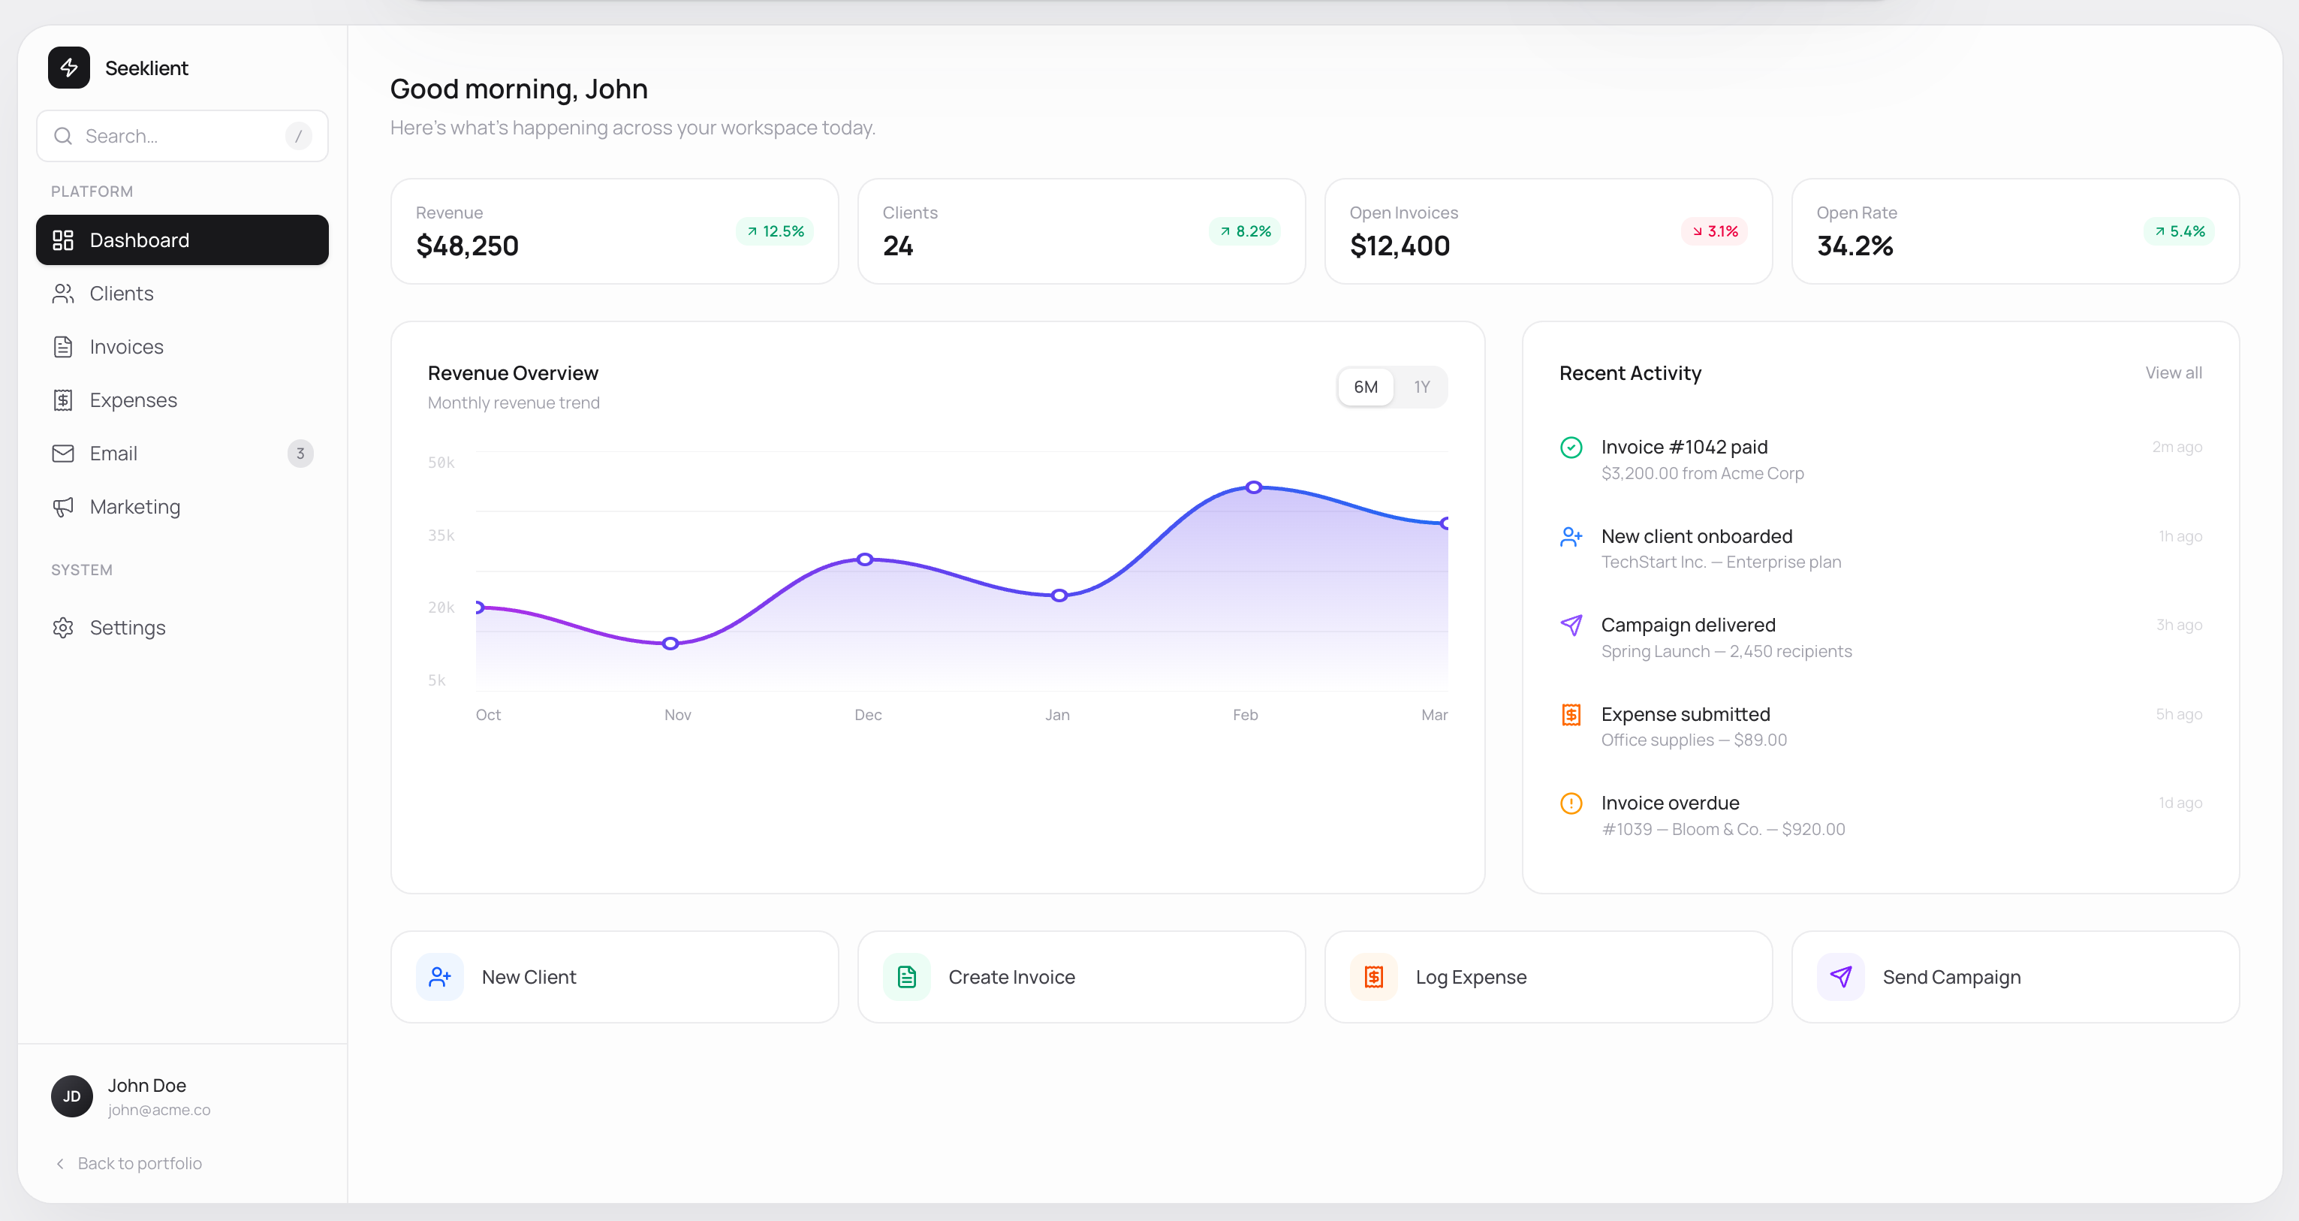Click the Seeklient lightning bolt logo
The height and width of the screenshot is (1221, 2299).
pyautogui.click(x=69, y=68)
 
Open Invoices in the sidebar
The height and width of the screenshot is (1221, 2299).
pyautogui.click(x=126, y=346)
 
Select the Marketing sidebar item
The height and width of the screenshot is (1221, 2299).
pyautogui.click(x=134, y=506)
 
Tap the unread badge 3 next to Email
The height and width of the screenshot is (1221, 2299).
pyautogui.click(x=300, y=454)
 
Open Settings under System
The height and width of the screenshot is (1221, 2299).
pyautogui.click(x=127, y=628)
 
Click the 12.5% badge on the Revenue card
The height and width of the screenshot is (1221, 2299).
pyautogui.click(x=775, y=231)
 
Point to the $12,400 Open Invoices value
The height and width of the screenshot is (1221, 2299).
pyautogui.click(x=1400, y=246)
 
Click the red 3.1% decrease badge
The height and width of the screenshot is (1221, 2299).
pyautogui.click(x=1714, y=231)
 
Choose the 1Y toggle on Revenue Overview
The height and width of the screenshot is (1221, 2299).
pyautogui.click(x=1421, y=387)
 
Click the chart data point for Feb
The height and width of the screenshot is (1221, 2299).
pyautogui.click(x=1254, y=487)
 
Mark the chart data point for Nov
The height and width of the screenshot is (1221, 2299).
pyautogui.click(x=670, y=644)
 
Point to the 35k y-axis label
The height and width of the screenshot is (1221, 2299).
pyautogui.click(x=441, y=535)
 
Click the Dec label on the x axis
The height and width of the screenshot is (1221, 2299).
pyautogui.click(x=867, y=715)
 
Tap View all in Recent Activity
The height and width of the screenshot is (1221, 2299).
pyautogui.click(x=2173, y=372)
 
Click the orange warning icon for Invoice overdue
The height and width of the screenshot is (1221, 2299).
pyautogui.click(x=1571, y=803)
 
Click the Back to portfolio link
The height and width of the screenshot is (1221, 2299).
pyautogui.click(x=138, y=1163)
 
